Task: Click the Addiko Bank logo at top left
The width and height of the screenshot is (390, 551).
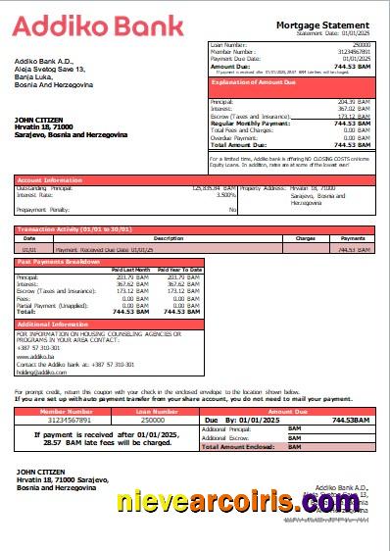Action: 70,25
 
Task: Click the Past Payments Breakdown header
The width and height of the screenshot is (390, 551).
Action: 58,262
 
